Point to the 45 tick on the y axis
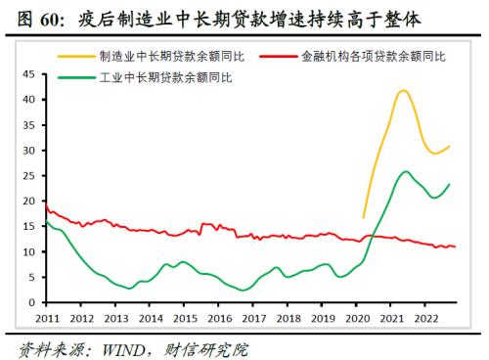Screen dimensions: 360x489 (x=27, y=74)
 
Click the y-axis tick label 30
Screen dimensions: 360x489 (x=27, y=150)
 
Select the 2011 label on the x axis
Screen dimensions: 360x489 (x=47, y=318)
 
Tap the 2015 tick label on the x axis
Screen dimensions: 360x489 (x=182, y=318)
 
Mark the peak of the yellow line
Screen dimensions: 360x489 (x=403, y=90)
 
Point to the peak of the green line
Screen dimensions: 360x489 (x=406, y=171)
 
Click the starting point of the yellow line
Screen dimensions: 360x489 (x=363, y=217)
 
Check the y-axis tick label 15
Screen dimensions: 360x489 (x=27, y=226)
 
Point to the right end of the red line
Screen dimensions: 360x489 (x=456, y=247)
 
